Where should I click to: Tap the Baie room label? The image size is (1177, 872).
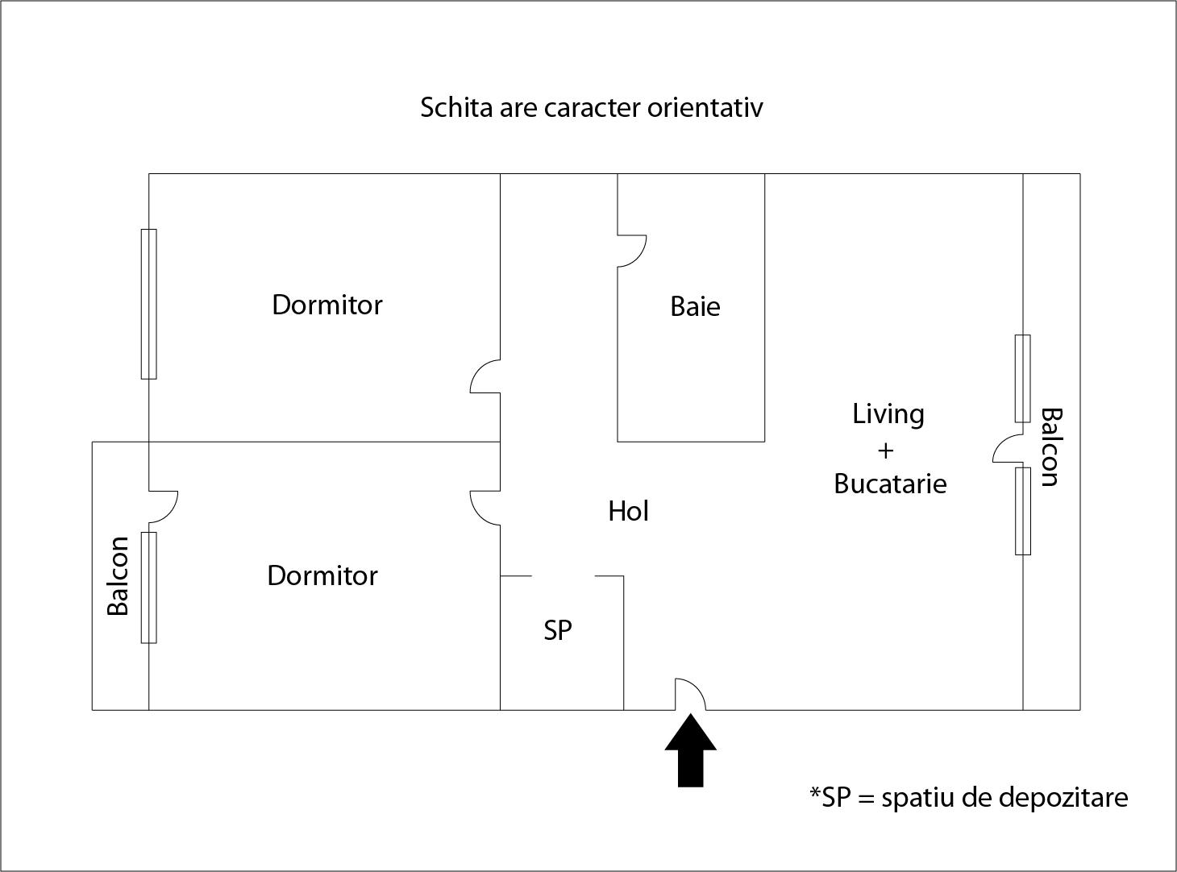coord(695,306)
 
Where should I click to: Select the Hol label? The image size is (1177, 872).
coord(628,511)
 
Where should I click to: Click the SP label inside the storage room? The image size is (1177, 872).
coord(558,629)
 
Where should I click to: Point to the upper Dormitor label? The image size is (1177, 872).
coord(326,305)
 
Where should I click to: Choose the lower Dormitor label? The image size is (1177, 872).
coord(322,575)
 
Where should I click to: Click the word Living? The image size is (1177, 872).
coord(888,413)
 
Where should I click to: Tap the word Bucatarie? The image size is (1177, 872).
coord(890,484)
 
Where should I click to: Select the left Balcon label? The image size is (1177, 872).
coord(119,575)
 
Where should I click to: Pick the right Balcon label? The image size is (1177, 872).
coord(1050,446)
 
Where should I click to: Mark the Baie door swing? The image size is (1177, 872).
coord(631,251)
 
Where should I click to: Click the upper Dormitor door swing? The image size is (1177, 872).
coord(485,377)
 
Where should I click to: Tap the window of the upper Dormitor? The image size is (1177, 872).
coord(148,304)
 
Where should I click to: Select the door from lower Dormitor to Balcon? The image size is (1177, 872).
coord(163,506)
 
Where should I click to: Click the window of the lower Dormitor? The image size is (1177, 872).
coord(148,588)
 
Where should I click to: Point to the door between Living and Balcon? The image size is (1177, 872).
coord(1008,450)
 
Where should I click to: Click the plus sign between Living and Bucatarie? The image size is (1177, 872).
coord(886,450)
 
